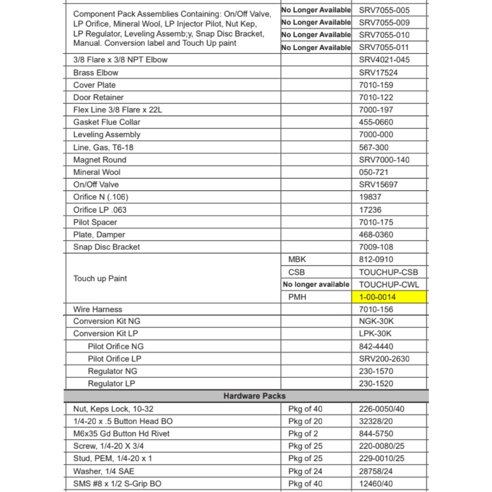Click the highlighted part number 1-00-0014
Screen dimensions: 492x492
click(377, 297)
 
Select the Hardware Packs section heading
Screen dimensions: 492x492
click(254, 396)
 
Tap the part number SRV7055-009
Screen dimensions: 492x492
click(384, 22)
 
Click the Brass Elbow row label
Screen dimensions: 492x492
click(96, 72)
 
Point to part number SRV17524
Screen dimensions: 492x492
click(378, 72)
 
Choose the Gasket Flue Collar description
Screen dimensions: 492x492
click(107, 122)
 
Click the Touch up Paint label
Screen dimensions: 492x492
click(100, 278)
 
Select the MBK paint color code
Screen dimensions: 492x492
click(297, 259)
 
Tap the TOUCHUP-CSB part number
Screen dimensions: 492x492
click(388, 272)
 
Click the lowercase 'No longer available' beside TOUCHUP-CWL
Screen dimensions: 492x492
click(316, 284)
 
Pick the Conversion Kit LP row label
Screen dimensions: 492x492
click(105, 334)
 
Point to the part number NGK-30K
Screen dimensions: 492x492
click(376, 321)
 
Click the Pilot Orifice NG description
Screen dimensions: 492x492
click(116, 346)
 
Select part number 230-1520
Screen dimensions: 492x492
click(376, 384)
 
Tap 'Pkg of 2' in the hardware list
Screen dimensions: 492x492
click(303, 433)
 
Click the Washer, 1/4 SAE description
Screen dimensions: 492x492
click(104, 471)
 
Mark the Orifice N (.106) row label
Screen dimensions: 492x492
click(101, 197)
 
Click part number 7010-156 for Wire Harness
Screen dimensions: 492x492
click(376, 309)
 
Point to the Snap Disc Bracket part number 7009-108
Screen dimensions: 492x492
click(376, 247)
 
